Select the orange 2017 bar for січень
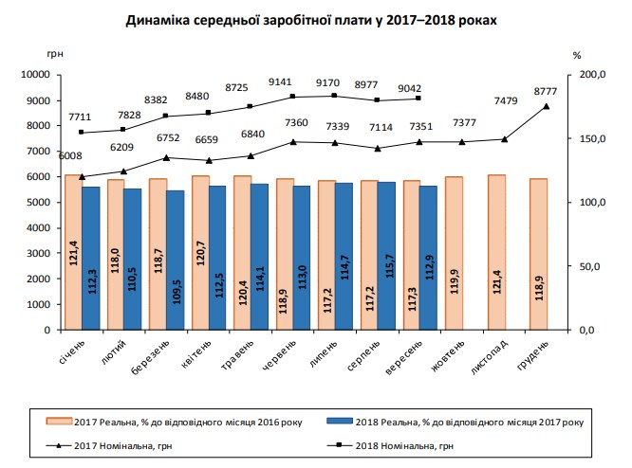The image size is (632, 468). [71, 252]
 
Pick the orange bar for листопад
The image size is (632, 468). [495, 252]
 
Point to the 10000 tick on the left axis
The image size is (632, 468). [37, 75]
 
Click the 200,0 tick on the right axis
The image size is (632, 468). [591, 75]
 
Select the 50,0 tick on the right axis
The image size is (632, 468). [589, 267]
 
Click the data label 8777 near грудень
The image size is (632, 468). [546, 90]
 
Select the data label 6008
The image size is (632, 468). [70, 155]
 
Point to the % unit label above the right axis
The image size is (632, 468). [576, 55]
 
